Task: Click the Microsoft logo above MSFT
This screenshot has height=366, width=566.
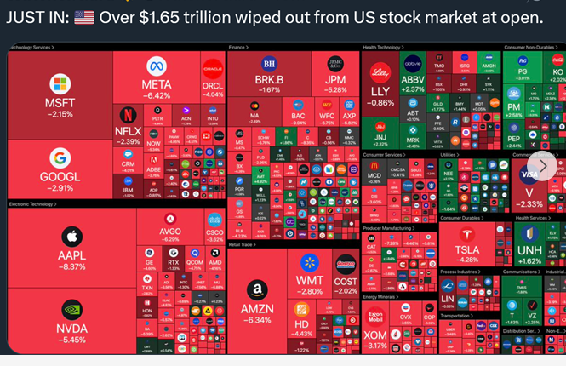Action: [x=59, y=84]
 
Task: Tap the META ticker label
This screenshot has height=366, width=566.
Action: [x=156, y=85]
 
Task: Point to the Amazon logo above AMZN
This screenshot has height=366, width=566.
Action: [x=256, y=291]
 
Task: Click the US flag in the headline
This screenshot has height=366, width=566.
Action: [x=83, y=18]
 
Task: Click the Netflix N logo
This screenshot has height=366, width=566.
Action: [x=127, y=113]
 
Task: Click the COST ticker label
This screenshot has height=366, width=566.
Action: [x=346, y=280]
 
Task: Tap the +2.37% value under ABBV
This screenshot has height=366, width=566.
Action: [x=414, y=89]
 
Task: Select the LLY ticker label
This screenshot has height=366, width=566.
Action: [x=380, y=91]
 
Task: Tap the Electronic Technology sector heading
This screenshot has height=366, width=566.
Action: [x=31, y=204]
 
